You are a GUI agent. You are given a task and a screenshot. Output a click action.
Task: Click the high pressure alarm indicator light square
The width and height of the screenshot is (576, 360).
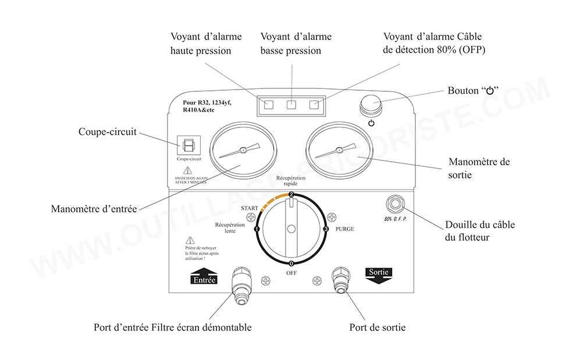pos(269,105)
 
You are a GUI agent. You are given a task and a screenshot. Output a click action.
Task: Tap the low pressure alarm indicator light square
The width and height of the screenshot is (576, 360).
pos(291,105)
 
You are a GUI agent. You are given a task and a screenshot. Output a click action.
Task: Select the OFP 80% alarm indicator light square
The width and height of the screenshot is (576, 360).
pos(315,105)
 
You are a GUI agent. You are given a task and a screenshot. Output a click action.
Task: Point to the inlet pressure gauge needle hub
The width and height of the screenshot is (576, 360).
pos(243,150)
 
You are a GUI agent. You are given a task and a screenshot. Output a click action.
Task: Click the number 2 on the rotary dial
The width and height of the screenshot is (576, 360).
pos(291,195)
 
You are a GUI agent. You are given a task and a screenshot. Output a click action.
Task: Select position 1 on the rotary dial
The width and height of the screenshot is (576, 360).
pos(256,230)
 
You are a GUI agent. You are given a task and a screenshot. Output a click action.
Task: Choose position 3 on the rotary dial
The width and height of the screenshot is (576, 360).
pos(326,230)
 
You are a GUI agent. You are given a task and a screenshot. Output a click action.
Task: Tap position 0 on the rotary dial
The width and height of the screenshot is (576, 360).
pos(291,264)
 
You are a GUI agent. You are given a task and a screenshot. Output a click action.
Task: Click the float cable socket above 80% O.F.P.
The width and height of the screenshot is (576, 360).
pos(397,204)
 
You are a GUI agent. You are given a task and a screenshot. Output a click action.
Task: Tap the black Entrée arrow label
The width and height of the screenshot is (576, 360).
pos(203,276)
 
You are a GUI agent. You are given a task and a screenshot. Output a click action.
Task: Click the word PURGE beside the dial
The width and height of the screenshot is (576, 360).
pos(345,229)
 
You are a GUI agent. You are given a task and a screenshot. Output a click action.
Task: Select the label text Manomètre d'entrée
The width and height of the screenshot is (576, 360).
pos(94,209)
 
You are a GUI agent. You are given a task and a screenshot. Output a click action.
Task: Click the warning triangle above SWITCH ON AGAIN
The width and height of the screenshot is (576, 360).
pos(187,170)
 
